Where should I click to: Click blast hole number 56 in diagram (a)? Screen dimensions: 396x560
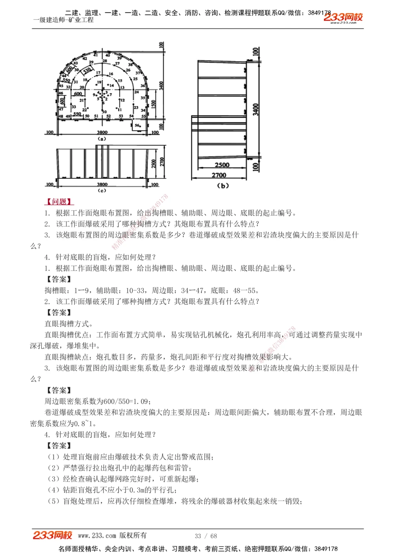coord(137,125)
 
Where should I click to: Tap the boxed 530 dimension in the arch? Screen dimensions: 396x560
coord(87,71)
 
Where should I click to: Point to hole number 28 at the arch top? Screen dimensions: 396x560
coord(105,61)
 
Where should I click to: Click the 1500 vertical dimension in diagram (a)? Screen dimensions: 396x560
coord(154,104)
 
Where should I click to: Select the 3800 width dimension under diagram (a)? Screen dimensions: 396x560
coord(102,133)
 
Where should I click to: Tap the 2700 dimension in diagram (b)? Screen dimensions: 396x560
coord(219,175)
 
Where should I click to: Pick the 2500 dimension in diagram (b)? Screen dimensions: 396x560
coord(222,165)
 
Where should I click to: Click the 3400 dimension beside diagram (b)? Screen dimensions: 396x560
coord(256,110)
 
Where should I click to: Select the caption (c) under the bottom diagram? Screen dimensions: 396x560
coord(102,190)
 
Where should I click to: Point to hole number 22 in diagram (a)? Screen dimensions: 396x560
coord(84,110)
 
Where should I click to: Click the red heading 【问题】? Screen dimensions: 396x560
coord(59,202)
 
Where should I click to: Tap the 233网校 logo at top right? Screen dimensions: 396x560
coord(343,17)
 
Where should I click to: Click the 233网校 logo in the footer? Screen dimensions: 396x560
coord(52,535)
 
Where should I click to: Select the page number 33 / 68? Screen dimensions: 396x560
coord(206,536)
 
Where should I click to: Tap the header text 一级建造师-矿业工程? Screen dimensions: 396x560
coord(63,20)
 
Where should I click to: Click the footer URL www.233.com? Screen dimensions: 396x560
coord(97,536)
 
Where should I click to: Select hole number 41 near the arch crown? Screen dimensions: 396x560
coord(95,55)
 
